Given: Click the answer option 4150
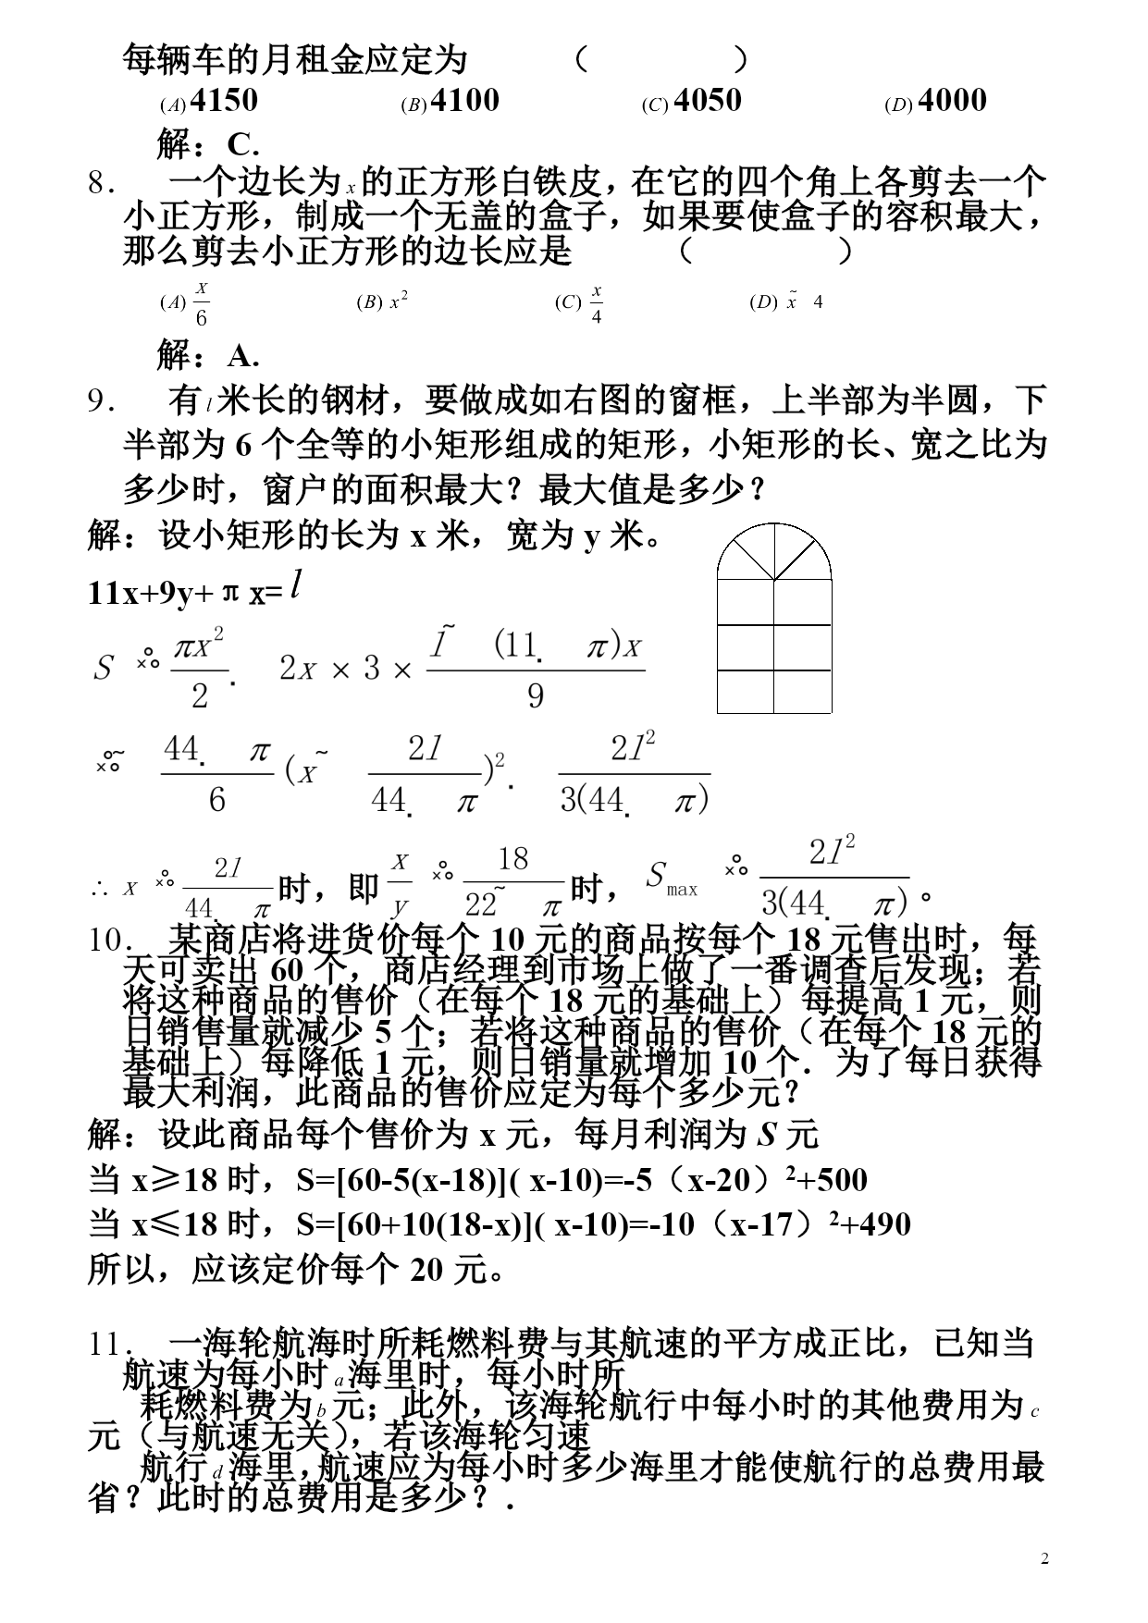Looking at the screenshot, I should [223, 101].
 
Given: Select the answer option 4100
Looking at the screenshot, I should [464, 101].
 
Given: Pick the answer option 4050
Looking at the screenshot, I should [708, 101].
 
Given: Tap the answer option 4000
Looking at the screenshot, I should [953, 101].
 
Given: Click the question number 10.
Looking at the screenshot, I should [107, 941].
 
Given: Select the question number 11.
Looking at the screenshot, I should [107, 1344].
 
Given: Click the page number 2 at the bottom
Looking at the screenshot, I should [1044, 1559].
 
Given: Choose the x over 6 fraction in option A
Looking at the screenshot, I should [201, 303].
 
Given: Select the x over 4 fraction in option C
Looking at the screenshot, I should [597, 303].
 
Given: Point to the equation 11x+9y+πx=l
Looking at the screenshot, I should [194, 589].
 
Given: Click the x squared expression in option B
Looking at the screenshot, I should [399, 301].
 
